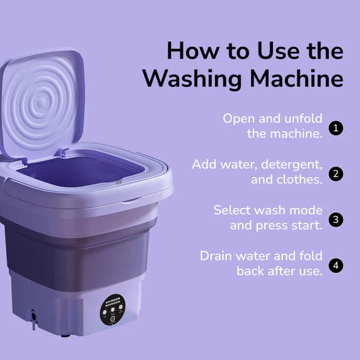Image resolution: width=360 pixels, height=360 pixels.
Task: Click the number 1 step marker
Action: coord(336,128)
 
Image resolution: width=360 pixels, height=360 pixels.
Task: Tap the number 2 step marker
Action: coord(336,173)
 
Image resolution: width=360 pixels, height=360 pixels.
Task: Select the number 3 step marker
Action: coord(336,219)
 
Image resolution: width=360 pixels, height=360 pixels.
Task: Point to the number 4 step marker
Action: coord(336,265)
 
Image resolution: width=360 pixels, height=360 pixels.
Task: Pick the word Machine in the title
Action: coord(297,80)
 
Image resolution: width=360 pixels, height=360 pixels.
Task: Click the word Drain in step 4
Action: coord(217,255)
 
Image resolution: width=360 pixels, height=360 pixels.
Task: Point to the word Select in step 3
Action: coord(231,210)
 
